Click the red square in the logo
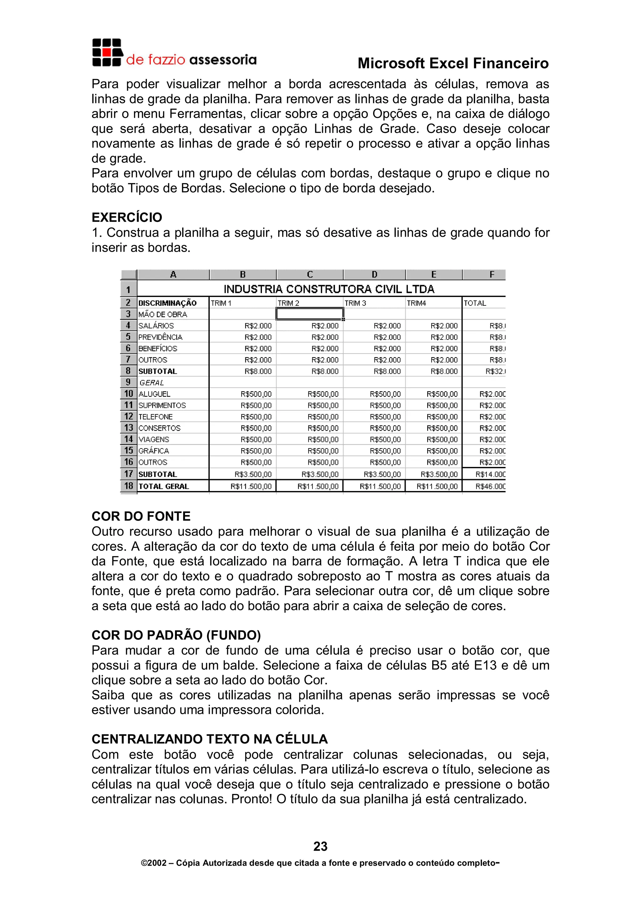[106, 52]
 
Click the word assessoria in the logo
[223, 60]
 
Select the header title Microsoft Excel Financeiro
[453, 63]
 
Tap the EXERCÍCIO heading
[127, 217]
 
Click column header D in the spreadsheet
[374, 274]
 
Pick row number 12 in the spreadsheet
[128, 416]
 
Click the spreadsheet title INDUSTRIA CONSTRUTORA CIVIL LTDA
[329, 289]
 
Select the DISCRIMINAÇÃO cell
[167, 303]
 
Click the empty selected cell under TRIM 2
[310, 314]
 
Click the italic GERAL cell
[152, 382]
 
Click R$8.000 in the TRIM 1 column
[258, 371]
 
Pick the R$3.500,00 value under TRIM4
[439, 474]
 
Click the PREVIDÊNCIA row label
[160, 337]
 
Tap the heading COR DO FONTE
[141, 516]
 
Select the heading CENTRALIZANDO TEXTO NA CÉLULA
[210, 739]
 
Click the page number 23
[320, 846]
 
